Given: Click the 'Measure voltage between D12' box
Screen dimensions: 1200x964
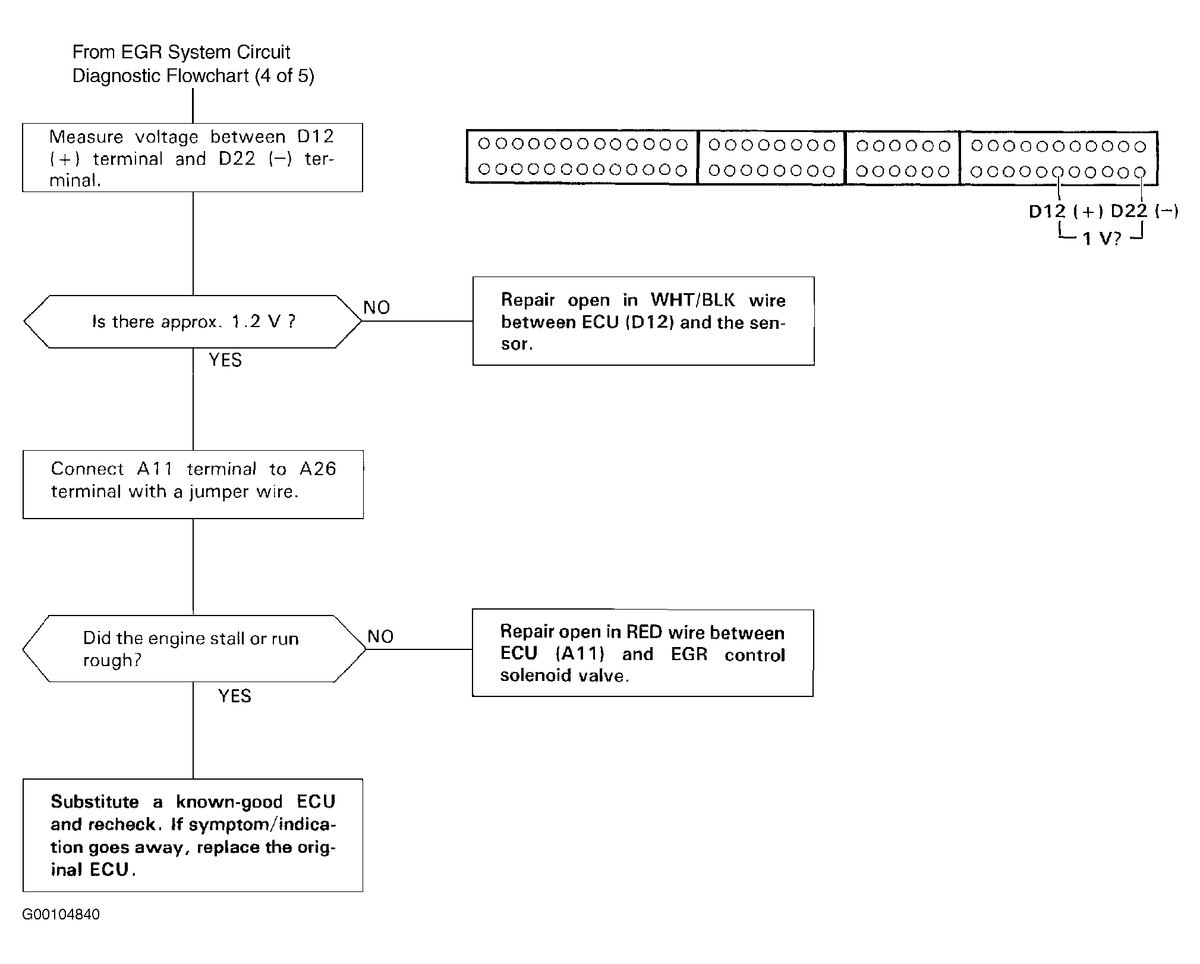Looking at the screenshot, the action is pos(193,158).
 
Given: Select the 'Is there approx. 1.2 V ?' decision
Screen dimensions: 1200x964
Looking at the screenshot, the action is pos(193,322).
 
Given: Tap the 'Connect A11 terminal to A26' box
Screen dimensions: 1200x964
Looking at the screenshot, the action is pos(193,484).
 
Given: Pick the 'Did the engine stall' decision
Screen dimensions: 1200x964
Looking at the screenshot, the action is pos(194,648).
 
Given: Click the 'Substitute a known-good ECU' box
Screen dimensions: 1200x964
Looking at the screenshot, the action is pos(193,835).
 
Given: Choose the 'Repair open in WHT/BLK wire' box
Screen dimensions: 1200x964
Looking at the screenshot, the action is pos(644,321).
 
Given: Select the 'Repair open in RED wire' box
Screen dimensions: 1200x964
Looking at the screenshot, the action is pos(642,652).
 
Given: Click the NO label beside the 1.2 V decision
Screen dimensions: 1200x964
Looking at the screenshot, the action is pos(377,307).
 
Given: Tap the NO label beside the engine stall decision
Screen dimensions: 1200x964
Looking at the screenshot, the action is pos(380,636).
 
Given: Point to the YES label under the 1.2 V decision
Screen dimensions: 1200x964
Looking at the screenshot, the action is pos(225,360).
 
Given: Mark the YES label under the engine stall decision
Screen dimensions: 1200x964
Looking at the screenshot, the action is pos(235,696).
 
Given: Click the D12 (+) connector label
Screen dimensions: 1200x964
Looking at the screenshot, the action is pos(1066,211).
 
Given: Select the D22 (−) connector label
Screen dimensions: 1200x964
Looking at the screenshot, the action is pos(1145,211).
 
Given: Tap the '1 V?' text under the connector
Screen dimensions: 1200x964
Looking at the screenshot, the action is pos(1101,239).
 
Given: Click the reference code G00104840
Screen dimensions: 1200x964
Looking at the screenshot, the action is pos(61,914).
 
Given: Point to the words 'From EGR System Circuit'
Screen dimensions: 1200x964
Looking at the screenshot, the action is pos(181,52).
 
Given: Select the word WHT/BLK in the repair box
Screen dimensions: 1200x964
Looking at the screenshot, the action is pos(693,300).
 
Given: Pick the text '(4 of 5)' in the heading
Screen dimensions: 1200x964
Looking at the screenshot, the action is pos(284,76).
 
